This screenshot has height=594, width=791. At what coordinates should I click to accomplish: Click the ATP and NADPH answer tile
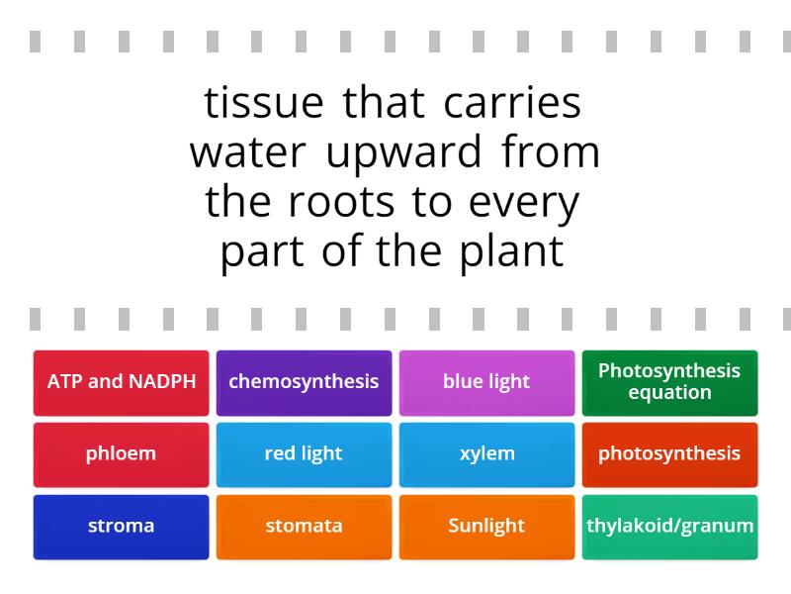pyautogui.click(x=121, y=382)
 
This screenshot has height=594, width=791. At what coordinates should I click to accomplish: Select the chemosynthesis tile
pyautogui.click(x=304, y=382)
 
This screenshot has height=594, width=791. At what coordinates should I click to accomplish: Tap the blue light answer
pyautogui.click(x=486, y=382)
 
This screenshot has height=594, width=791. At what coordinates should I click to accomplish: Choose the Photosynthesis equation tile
pyautogui.click(x=669, y=382)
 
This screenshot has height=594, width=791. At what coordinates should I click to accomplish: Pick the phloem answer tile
pyautogui.click(x=121, y=454)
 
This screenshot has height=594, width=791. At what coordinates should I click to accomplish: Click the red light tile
pyautogui.click(x=304, y=454)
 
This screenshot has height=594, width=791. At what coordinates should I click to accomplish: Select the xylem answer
pyautogui.click(x=486, y=454)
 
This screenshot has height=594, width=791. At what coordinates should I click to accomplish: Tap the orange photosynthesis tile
pyautogui.click(x=669, y=454)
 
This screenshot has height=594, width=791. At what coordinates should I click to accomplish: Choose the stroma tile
pyautogui.click(x=121, y=527)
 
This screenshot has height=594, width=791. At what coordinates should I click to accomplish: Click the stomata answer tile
pyautogui.click(x=304, y=527)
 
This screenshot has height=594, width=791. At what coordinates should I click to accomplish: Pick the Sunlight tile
pyautogui.click(x=486, y=527)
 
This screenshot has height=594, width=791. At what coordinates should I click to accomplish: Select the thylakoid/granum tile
pyautogui.click(x=669, y=527)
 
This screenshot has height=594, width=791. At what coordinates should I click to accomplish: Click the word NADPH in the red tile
pyautogui.click(x=159, y=382)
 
